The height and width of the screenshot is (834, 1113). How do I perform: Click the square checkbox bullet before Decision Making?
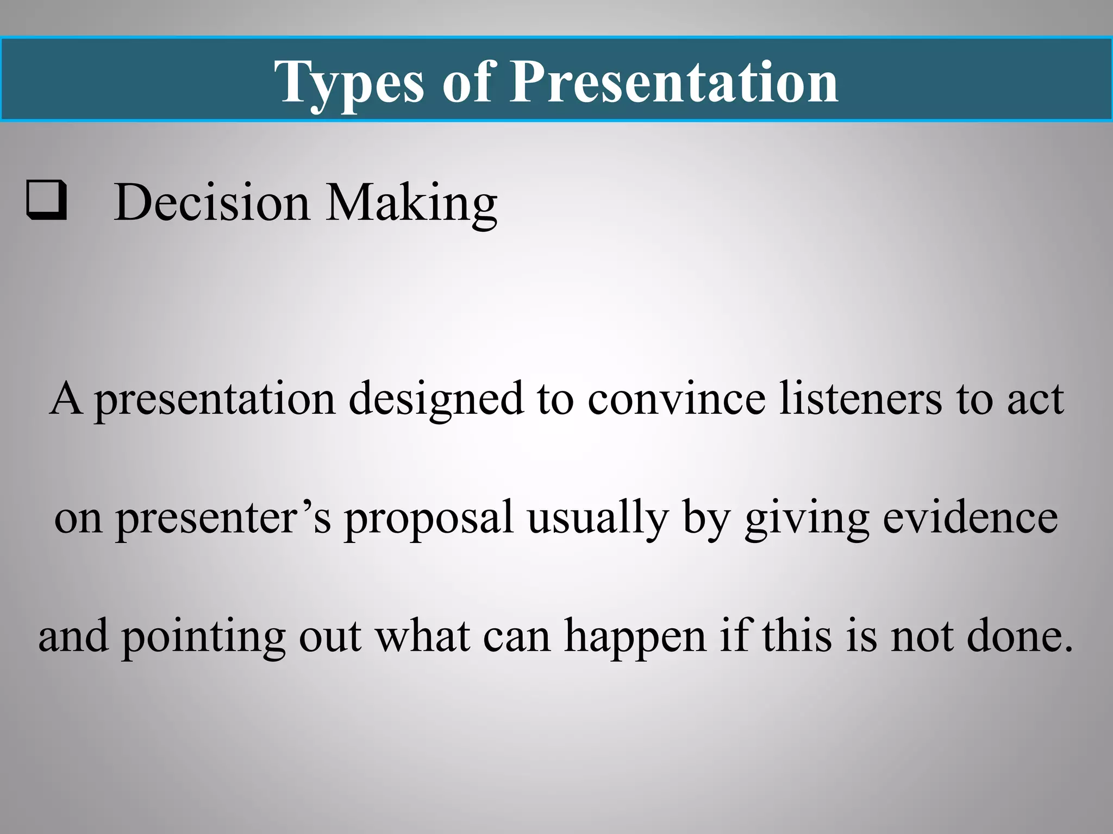point(47,200)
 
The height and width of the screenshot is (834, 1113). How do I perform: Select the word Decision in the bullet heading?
point(211,202)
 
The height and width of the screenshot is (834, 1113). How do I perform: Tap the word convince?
point(677,400)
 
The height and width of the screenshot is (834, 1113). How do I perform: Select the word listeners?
point(860,400)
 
